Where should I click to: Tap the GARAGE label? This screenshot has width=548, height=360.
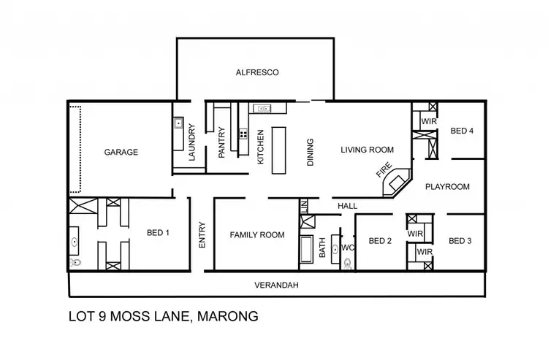pyautogui.click(x=121, y=153)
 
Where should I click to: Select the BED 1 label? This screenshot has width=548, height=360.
pyautogui.click(x=158, y=233)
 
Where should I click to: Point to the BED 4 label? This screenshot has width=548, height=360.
pyautogui.click(x=462, y=131)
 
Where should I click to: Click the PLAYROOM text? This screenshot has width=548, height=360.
pyautogui.click(x=447, y=187)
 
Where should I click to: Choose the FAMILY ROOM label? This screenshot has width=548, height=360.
pyautogui.click(x=256, y=235)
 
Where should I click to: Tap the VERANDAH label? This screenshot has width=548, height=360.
pyautogui.click(x=277, y=285)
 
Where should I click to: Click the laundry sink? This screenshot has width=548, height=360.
pyautogui.click(x=178, y=124)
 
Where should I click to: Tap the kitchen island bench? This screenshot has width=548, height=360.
pyautogui.click(x=278, y=150)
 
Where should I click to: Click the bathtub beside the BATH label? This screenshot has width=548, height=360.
pyautogui.click(x=305, y=250)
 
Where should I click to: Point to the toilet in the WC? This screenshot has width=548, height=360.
pyautogui.click(x=347, y=265)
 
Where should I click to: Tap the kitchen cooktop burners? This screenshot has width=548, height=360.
pyautogui.click(x=243, y=134)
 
